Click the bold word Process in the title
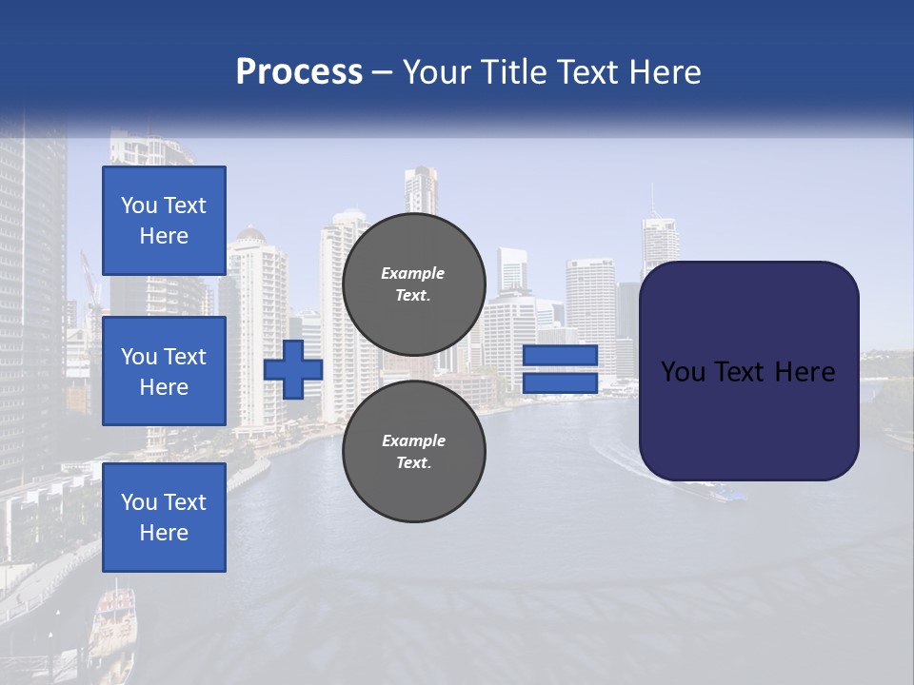[299, 71]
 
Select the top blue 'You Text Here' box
[164, 221]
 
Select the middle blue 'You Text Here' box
[164, 371]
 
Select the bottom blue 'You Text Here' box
[164, 517]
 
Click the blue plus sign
[293, 369]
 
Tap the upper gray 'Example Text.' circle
[413, 284]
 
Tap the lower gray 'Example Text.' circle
[413, 451]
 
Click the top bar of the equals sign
[560, 355]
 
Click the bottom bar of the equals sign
[560, 383]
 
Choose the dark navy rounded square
[748, 419]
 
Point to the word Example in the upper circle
[413, 273]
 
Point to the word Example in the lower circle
[413, 440]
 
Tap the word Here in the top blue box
[164, 236]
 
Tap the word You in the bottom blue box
[139, 502]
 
